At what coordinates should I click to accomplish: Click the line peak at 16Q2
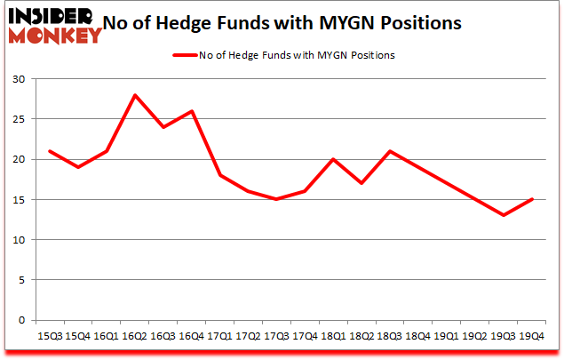134,95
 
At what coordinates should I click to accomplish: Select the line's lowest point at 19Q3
504,215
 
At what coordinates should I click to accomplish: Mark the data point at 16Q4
191,111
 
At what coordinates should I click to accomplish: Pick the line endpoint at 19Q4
532,199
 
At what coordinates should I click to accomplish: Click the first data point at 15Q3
49,151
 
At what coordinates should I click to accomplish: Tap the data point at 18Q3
390,151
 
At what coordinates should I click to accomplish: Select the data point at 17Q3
276,199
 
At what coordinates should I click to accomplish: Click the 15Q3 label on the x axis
49,336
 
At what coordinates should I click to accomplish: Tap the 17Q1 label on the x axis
219,336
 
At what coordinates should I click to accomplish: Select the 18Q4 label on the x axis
418,336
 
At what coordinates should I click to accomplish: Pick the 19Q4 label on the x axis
532,336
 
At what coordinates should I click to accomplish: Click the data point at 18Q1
333,159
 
